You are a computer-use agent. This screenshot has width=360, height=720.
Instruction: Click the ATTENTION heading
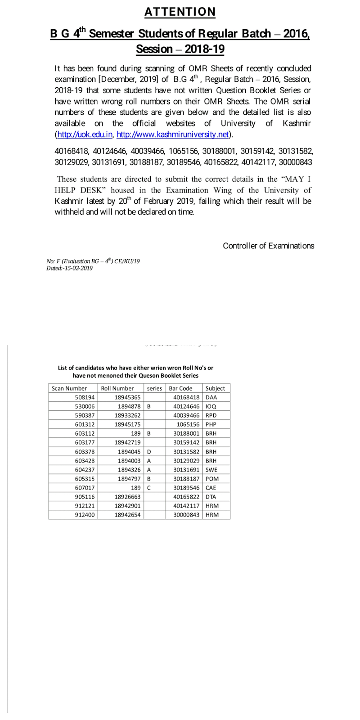pyautogui.click(x=180, y=12)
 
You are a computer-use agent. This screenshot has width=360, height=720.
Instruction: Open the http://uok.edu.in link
pyautogui.click(x=85, y=134)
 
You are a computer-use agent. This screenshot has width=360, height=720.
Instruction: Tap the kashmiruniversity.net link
pyautogui.click(x=173, y=134)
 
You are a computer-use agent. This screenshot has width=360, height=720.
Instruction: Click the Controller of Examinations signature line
pyautogui.click(x=268, y=246)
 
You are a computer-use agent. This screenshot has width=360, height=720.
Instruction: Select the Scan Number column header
pyautogui.click(x=69, y=388)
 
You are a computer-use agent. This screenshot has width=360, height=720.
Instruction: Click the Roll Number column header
pyautogui.click(x=117, y=388)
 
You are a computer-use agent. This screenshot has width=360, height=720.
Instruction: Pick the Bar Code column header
pyautogui.click(x=180, y=388)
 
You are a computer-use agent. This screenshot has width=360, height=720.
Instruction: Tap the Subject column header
pyautogui.click(x=215, y=388)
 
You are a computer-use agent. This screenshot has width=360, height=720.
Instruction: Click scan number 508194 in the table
pyautogui.click(x=85, y=397)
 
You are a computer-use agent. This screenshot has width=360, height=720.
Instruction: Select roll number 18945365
pyautogui.click(x=128, y=397)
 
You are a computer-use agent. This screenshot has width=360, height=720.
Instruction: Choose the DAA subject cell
pyautogui.click(x=211, y=397)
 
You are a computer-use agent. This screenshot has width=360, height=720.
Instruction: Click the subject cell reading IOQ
pyautogui.click(x=211, y=406)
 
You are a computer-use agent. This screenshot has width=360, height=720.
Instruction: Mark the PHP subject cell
pyautogui.click(x=211, y=424)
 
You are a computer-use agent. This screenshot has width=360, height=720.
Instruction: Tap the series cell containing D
pyautogui.click(x=149, y=451)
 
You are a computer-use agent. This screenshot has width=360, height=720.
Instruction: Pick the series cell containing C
pyautogui.click(x=149, y=487)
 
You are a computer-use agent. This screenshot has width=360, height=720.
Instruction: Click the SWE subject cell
pyautogui.click(x=211, y=469)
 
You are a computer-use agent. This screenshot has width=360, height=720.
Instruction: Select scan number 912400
pyautogui.click(x=85, y=514)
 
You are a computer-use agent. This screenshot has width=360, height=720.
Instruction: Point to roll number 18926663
pyautogui.click(x=128, y=496)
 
